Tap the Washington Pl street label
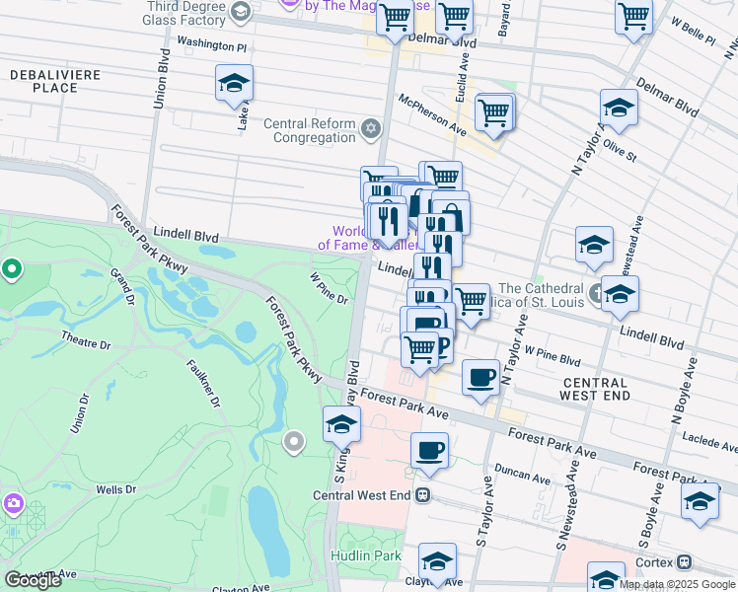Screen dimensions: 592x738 pyautogui.click(x=211, y=45)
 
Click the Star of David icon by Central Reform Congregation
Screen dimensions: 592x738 pyautogui.click(x=371, y=128)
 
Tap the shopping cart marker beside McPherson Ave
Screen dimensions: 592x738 pyautogui.click(x=494, y=112)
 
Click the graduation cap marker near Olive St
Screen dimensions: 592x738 pyautogui.click(x=619, y=108)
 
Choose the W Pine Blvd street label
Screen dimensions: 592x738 pyautogui.click(x=553, y=350)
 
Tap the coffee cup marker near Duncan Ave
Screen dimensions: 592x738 pyautogui.click(x=429, y=451)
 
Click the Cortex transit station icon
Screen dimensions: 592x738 pyautogui.click(x=685, y=561)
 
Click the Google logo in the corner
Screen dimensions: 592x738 pyautogui.click(x=34, y=579)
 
